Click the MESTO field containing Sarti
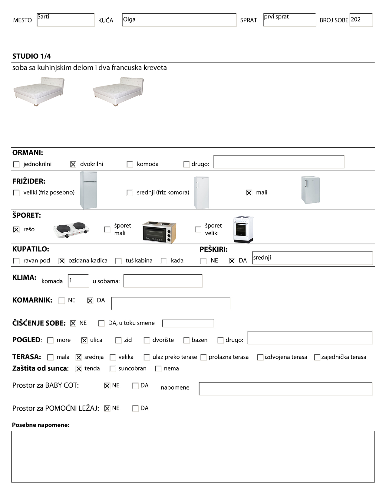pos(65,20)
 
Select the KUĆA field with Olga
pos(179,20)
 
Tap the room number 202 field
pos(361,20)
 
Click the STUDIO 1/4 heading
pos(31,56)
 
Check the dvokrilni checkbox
pos(73,164)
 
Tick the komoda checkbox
pos(130,164)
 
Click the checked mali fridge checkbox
pos(249,193)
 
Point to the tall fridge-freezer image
pos(88,190)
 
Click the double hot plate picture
pos(71,230)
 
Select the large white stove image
pos(243,230)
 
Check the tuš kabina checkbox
pos(119,261)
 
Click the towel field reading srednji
pos(312,258)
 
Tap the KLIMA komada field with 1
pos(78,281)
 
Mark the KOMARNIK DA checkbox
pos(90,301)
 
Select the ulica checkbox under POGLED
pos(84,340)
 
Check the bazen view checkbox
pos(186,340)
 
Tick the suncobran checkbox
pos(113,369)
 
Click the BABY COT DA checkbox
pos(135,386)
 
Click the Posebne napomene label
pos(41,425)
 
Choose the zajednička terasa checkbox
pos(317,357)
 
